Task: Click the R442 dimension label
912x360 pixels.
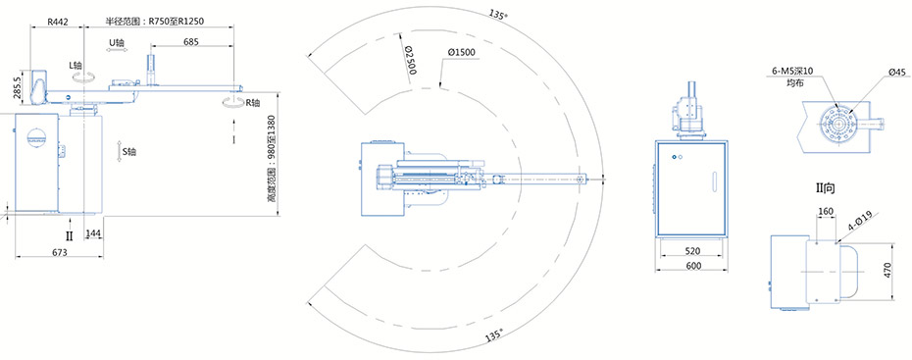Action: coord(58,23)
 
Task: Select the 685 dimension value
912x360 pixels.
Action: coord(191,42)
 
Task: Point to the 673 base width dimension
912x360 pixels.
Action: coord(60,252)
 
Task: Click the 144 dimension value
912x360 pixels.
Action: coord(93,233)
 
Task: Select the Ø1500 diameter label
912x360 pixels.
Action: coord(462,52)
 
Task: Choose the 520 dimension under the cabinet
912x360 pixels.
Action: coord(692,251)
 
